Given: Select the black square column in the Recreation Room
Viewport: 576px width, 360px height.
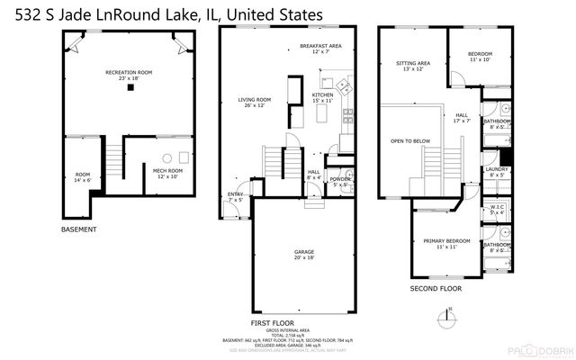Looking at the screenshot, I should tap(131, 88).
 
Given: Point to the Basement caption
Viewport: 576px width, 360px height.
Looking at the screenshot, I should tap(79, 230).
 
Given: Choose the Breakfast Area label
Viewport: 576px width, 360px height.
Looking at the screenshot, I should tap(320, 48).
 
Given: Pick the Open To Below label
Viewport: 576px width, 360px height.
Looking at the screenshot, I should tap(409, 141).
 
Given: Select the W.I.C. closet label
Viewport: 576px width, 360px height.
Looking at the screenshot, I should tap(497, 209).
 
